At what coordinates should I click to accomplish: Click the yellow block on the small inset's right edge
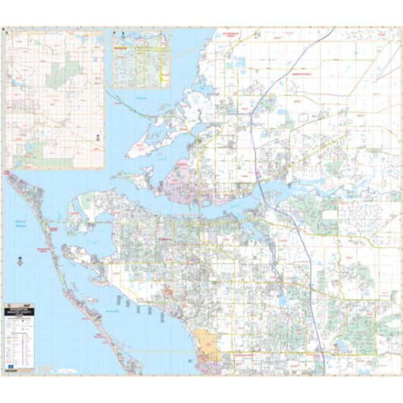(163, 77)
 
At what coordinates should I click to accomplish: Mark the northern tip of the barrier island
(8, 175)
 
